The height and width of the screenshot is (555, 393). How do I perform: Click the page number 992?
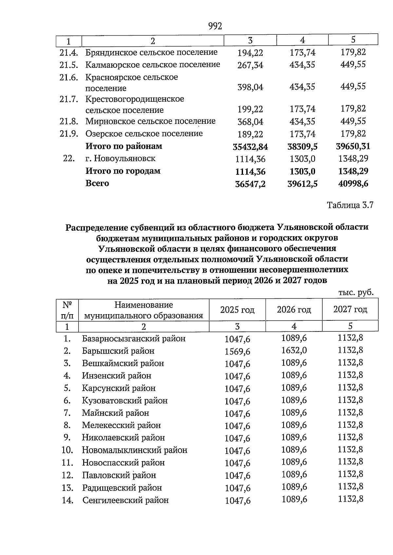215,26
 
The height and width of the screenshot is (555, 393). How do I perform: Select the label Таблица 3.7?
350,205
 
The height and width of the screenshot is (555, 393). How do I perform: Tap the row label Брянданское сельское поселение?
151,52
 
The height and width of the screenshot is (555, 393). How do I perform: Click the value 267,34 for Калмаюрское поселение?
250,65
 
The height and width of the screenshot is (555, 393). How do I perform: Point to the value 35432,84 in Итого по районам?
250,147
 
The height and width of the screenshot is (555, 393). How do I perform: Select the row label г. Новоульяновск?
121,159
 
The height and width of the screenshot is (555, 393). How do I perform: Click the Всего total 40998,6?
353,184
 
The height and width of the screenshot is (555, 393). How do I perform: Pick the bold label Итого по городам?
123,171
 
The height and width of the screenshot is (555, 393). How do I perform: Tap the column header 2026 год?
294,310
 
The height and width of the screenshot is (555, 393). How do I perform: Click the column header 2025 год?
237,310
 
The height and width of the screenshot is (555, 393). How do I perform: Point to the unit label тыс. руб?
356,293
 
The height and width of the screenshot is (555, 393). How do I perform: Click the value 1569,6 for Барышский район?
237,351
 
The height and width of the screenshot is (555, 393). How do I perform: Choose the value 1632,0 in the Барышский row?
294,350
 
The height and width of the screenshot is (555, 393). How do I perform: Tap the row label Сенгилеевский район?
125,500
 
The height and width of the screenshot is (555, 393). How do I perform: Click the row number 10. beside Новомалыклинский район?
67,450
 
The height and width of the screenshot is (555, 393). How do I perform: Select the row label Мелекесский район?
121,425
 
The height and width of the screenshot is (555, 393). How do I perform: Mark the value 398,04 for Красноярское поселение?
250,87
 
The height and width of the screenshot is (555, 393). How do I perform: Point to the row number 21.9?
69,134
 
